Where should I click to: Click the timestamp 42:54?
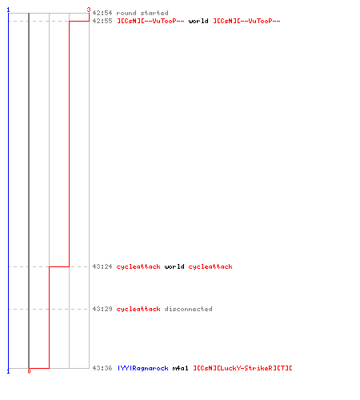(x=102, y=13)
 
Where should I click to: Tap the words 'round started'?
(x=142, y=13)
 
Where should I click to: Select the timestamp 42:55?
(x=102, y=21)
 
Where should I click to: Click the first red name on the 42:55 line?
(x=150, y=21)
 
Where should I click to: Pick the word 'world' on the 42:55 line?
(x=198, y=21)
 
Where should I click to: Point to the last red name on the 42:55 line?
(x=246, y=21)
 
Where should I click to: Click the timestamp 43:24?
(x=102, y=266)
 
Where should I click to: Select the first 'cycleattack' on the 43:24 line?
(x=138, y=266)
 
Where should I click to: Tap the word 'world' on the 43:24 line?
(x=174, y=266)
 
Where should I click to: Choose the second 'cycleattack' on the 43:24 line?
(x=210, y=266)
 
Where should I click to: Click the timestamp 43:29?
(x=102, y=309)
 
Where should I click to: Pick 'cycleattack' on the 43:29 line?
(x=138, y=309)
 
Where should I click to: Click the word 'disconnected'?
(x=189, y=309)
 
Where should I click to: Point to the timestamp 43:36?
(x=102, y=368)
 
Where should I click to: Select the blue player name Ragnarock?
(x=143, y=368)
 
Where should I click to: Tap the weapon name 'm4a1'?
(x=181, y=368)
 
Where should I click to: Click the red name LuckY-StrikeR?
(x=242, y=368)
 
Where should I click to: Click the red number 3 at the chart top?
(x=89, y=10)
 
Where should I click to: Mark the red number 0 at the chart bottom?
(x=29, y=371)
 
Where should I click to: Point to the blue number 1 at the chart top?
(x=8, y=10)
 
